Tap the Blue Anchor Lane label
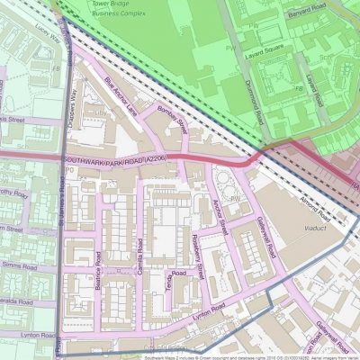tap(123, 96)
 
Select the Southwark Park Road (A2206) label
tap(115, 161)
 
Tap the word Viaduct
tap(311, 229)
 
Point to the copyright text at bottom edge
tap(243, 355)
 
